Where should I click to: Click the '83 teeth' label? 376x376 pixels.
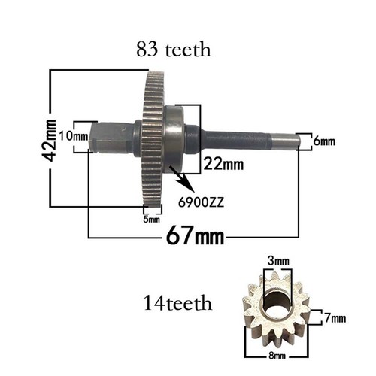174,50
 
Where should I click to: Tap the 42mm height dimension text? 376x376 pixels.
49,141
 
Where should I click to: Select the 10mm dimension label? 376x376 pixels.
74,137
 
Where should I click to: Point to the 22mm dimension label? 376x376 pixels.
223,165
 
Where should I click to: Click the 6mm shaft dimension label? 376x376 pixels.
324,141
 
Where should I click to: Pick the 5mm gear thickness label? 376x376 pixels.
151,220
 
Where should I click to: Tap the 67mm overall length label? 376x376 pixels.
195,236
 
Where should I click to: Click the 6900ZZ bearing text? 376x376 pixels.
201,202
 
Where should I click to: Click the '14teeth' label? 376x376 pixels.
177,303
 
